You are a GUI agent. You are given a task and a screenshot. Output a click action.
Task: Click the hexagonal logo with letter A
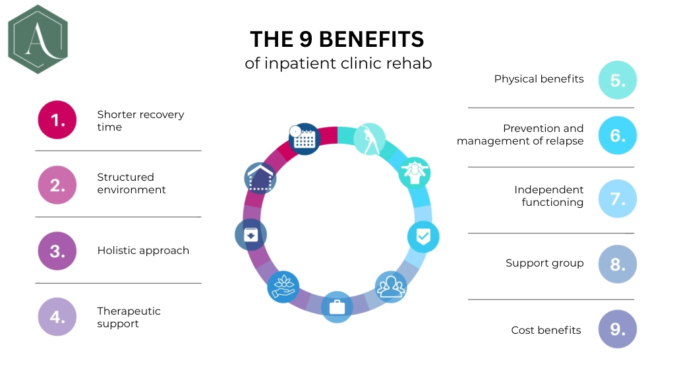point(38,39)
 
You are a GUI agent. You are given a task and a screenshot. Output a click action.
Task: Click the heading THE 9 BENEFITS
point(337,39)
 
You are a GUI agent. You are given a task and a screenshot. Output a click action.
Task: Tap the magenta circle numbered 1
point(57,120)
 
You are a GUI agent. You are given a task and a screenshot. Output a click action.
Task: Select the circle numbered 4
point(57,317)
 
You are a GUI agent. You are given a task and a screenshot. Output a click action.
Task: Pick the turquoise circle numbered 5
point(618,80)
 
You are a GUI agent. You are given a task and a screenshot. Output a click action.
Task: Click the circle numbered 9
point(618,329)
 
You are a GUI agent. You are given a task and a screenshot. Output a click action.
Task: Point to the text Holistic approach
point(143,251)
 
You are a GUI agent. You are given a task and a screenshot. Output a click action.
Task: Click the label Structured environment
point(131,183)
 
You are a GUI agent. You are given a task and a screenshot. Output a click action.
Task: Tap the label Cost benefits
point(546,330)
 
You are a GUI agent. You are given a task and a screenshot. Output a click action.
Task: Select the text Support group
point(544,263)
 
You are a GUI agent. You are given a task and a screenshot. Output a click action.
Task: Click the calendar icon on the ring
point(304,139)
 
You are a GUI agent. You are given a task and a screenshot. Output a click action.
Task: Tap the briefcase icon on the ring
point(337,306)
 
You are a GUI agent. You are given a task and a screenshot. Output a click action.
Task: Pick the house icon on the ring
point(260,177)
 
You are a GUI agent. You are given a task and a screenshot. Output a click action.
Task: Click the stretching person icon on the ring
point(368,139)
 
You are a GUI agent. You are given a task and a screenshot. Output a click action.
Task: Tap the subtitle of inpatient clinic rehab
point(338,64)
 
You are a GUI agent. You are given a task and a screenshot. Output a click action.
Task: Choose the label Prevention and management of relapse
point(521,135)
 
